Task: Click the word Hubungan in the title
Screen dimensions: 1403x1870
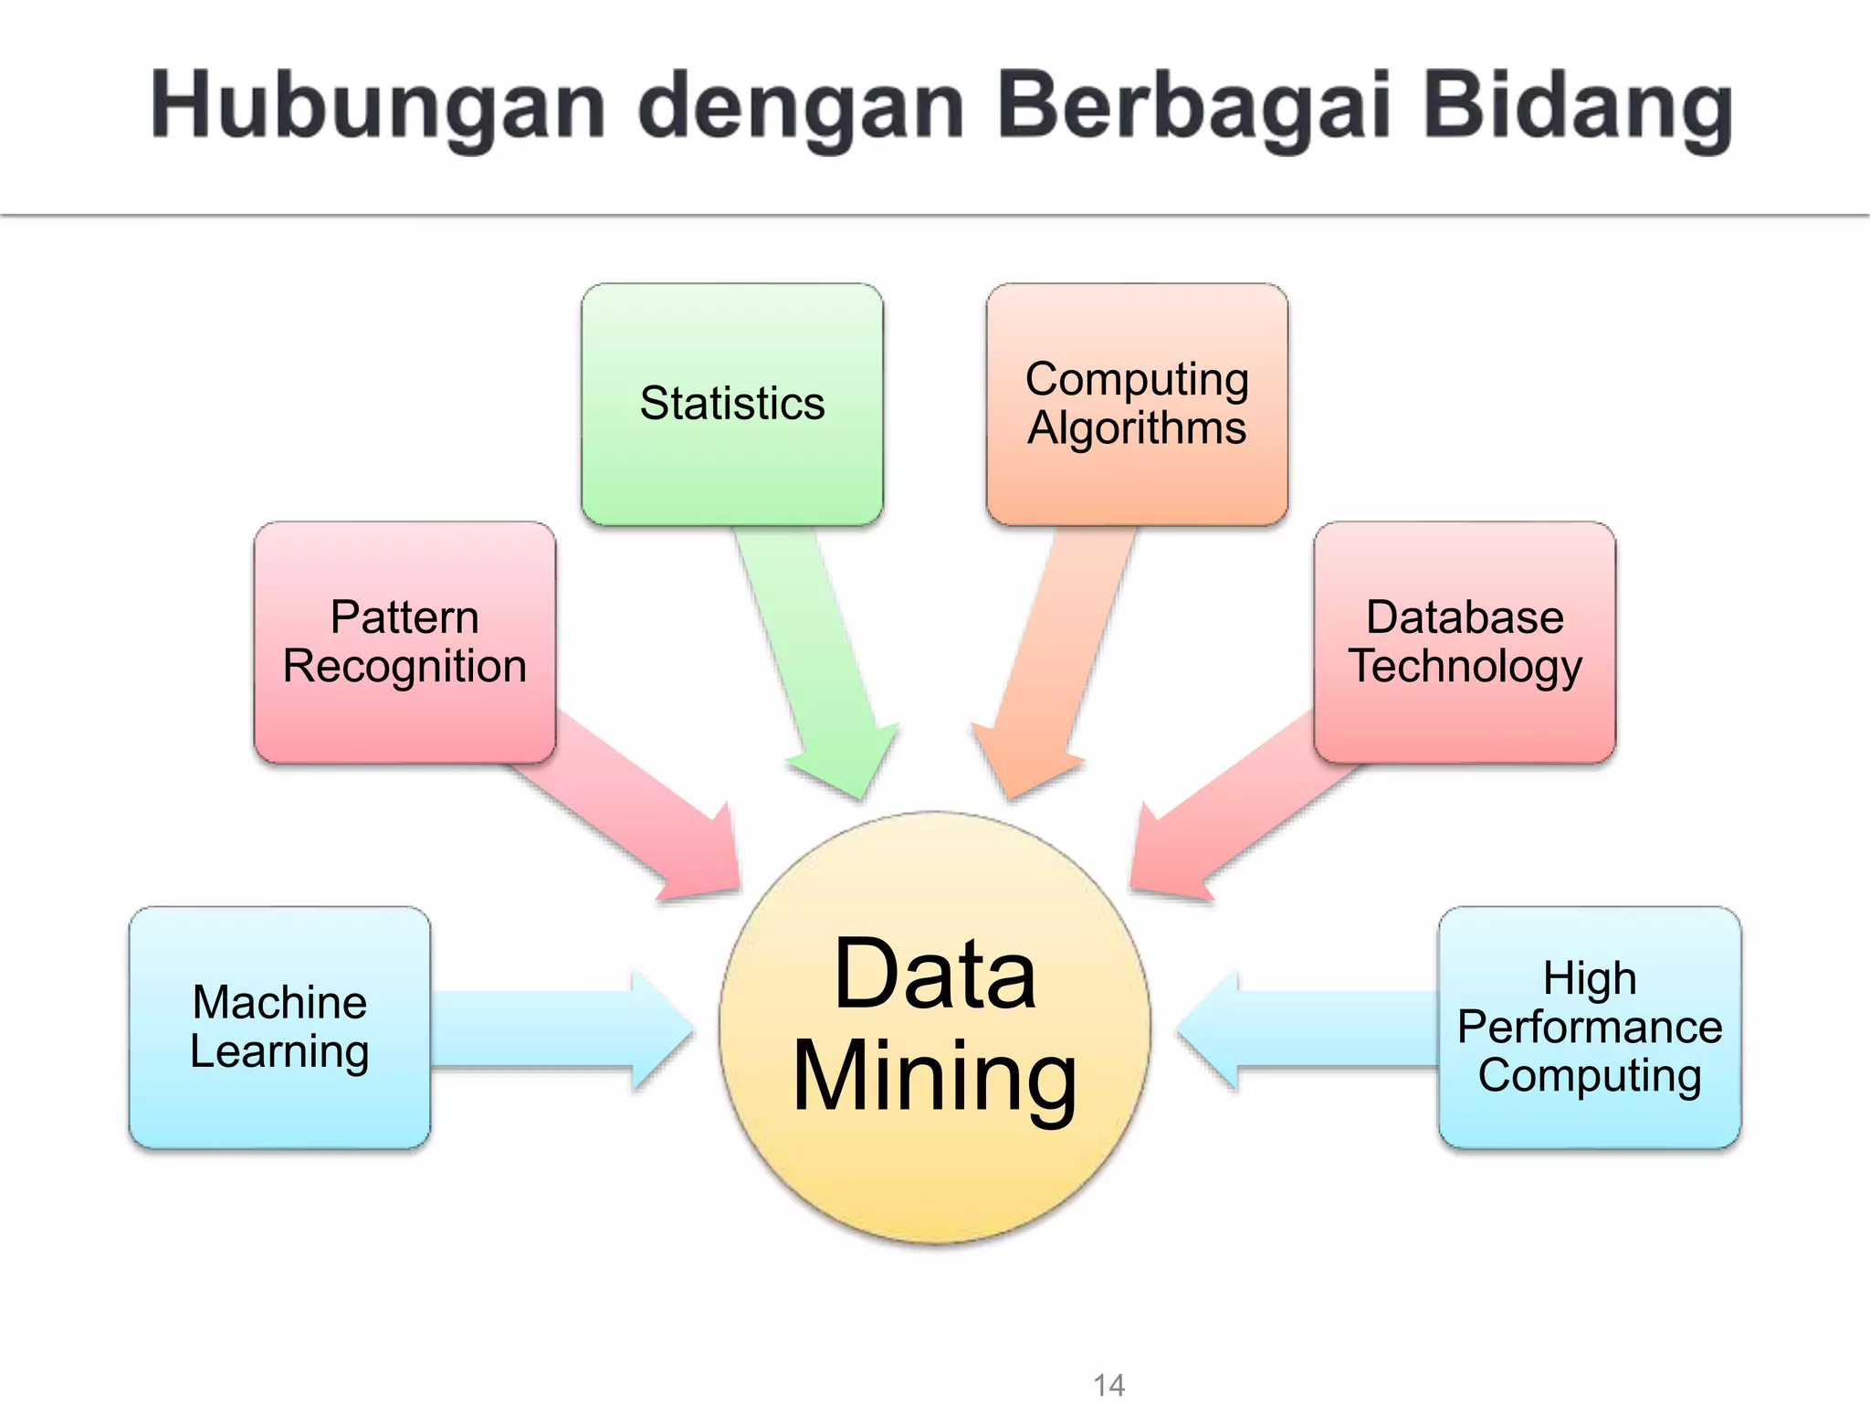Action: pos(378,108)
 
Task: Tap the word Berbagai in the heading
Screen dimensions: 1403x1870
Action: pos(1194,108)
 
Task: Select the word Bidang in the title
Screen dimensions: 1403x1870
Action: pos(1578,108)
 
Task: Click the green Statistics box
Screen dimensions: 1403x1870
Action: pos(732,404)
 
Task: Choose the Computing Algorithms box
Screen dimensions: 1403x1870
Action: pos(1137,404)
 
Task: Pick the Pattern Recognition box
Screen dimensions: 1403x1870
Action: pos(404,642)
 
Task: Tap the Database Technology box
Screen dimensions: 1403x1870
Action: pos(1465,642)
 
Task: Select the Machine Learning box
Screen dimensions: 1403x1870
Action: pos(279,1027)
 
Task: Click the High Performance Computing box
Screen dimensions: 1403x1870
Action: pos(1590,1027)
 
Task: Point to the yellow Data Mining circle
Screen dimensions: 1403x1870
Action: pos(934,1028)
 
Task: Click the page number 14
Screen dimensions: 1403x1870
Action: pos(1108,1385)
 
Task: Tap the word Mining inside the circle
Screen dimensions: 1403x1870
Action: pos(934,1078)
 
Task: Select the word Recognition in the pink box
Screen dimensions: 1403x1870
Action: pos(404,667)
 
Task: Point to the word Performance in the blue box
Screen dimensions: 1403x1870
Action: pos(1590,1027)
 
